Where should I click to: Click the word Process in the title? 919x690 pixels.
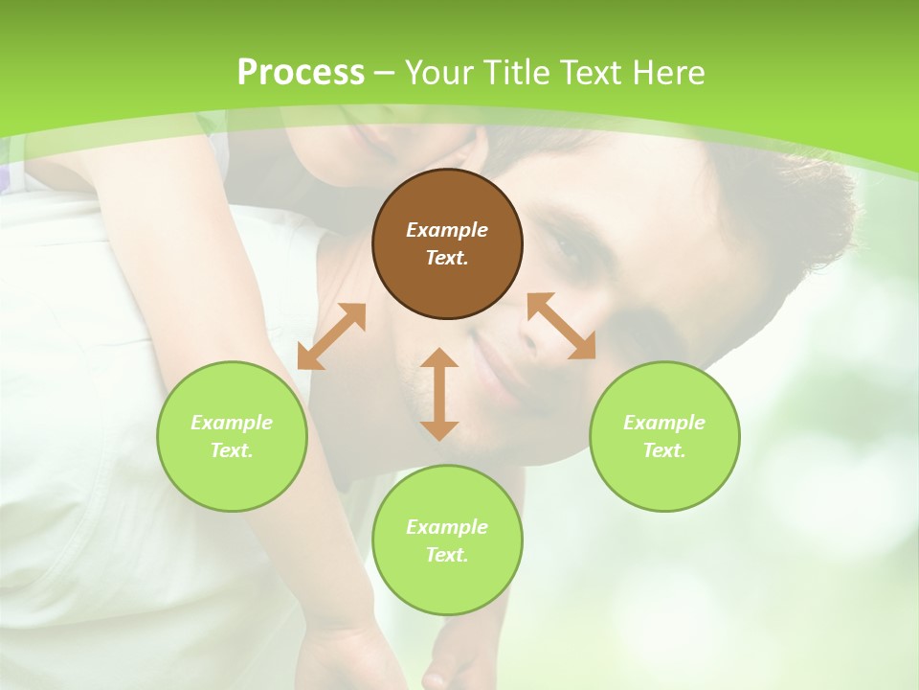point(301,73)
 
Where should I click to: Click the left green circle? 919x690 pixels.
point(232,436)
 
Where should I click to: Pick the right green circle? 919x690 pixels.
point(664,436)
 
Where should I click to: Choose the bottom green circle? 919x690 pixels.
point(447,540)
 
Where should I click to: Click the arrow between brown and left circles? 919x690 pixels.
point(331,336)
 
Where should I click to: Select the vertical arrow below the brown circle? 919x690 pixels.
point(439,394)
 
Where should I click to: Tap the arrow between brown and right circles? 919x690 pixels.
point(562,326)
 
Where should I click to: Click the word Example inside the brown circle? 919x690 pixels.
point(447,230)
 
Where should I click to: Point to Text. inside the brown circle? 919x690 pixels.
point(447,259)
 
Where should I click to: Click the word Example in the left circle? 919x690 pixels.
point(232,423)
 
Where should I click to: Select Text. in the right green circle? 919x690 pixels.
point(664,450)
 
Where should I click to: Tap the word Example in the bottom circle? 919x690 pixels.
point(447,527)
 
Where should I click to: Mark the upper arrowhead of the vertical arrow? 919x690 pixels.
point(439,357)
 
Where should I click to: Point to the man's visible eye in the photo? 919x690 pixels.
point(567,251)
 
